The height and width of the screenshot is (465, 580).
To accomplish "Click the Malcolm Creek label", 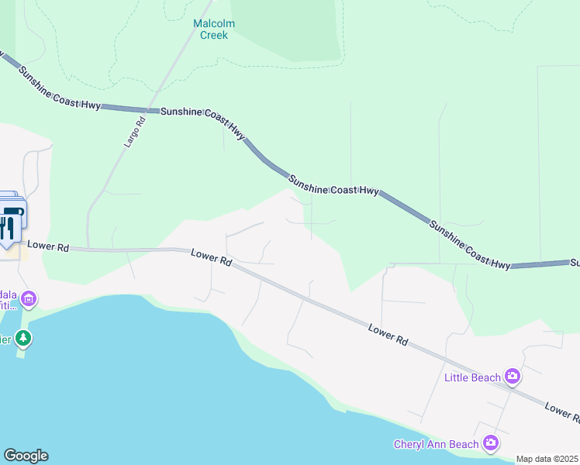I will coord(213,29).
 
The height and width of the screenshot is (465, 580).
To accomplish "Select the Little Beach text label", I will coord(472,377).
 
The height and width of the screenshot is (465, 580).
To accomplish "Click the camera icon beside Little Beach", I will coord(512,377).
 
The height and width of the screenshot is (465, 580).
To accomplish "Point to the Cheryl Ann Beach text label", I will coord(437,444).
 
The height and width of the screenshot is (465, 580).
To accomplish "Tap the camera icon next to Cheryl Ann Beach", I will coord(490,443).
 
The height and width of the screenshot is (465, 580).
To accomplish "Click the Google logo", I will coord(26,456).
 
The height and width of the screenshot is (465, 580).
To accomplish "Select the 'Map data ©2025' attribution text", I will coord(547,459).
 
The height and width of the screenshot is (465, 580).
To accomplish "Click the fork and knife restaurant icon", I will coord(8,227).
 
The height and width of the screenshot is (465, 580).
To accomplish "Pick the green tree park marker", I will coord(24,338).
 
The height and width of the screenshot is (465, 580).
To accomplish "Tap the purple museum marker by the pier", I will coord(29,298).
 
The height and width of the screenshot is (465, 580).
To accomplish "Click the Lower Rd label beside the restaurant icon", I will coord(54,247).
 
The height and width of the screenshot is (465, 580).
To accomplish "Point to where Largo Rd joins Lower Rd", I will coord(88,249).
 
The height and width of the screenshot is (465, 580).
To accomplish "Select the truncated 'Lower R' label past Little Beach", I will coord(561,412).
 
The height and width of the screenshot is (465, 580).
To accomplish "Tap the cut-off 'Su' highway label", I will coord(575,263).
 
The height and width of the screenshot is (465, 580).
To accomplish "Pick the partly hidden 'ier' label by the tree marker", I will coord(7,338).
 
